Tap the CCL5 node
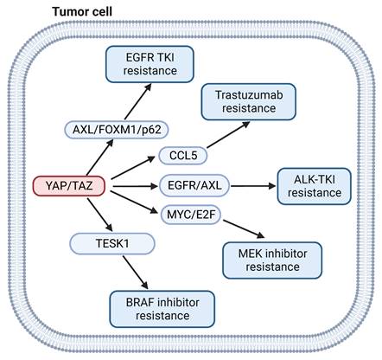[x=181, y=156]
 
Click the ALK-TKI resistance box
[x=315, y=186]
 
